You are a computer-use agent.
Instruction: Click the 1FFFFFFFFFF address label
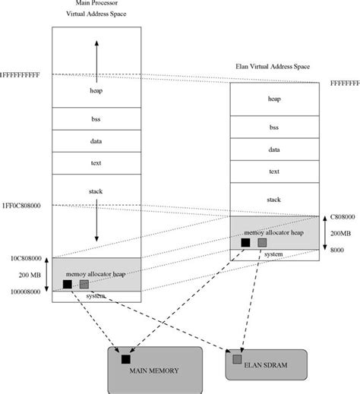tap(25, 74)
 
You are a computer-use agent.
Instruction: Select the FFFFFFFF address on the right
tap(344, 82)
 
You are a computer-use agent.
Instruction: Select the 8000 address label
tap(336, 248)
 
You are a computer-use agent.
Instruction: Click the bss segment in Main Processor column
tap(96, 118)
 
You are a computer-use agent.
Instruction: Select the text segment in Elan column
tap(274, 172)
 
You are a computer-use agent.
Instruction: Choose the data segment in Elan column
tap(274, 150)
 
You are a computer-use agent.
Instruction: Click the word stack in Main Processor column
tap(96, 183)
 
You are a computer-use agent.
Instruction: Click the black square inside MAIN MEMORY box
tap(125, 358)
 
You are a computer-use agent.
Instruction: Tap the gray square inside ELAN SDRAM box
tap(237, 359)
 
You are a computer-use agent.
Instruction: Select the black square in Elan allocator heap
tap(245, 243)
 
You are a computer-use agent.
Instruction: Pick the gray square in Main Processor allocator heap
tap(84, 285)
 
